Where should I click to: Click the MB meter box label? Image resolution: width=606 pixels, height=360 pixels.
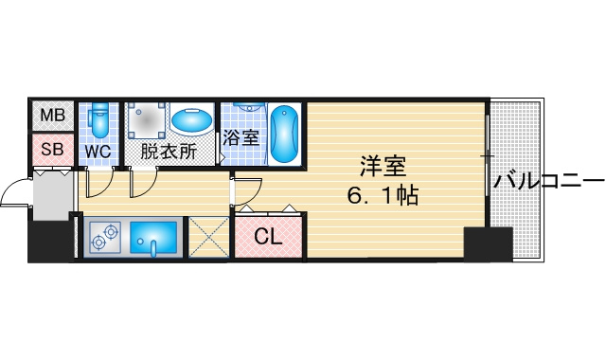coord(52,115)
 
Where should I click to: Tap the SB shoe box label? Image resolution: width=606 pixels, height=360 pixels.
coord(52,150)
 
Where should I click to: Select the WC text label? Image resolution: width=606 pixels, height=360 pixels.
coord(98,152)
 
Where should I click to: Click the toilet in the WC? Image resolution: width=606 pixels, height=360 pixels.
coord(99,120)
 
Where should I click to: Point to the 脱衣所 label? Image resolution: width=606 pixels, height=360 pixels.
coord(169,152)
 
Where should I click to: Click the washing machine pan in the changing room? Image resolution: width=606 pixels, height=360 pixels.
coord(147,120)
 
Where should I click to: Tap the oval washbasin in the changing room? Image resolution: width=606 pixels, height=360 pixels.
coord(192,120)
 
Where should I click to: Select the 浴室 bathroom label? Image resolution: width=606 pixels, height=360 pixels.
coord(241,137)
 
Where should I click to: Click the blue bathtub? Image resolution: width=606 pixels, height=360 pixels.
coord(284,134)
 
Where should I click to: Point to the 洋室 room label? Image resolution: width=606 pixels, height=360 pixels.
coord(383,167)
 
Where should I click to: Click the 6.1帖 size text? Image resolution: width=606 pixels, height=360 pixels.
coord(383,195)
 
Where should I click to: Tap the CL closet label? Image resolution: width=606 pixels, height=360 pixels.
coord(268,236)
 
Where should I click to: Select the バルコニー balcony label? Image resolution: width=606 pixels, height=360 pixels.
coord(549,181)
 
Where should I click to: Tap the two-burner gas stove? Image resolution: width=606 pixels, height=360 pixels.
coord(105,238)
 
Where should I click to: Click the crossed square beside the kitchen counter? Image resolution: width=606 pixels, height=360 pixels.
coord(208,237)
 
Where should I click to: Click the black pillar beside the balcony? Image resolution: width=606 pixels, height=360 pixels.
coord(489,244)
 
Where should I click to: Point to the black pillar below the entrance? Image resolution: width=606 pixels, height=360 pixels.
coord(50,242)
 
